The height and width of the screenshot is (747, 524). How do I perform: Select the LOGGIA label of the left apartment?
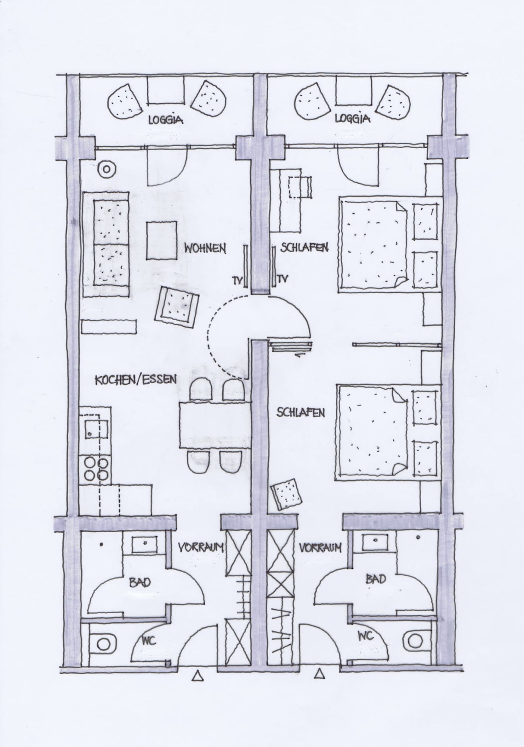(166, 119)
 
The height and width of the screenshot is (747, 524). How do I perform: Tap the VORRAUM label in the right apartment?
(320, 547)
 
